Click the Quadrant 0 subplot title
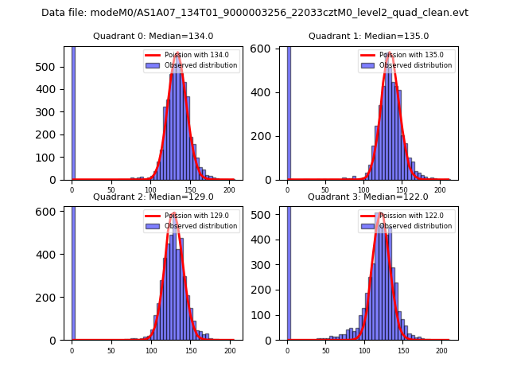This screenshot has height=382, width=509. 153,36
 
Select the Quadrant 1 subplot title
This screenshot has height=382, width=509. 368,36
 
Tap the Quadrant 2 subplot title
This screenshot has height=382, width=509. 153,197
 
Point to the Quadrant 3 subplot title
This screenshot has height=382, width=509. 367,197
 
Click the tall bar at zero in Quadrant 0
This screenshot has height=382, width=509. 72,111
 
